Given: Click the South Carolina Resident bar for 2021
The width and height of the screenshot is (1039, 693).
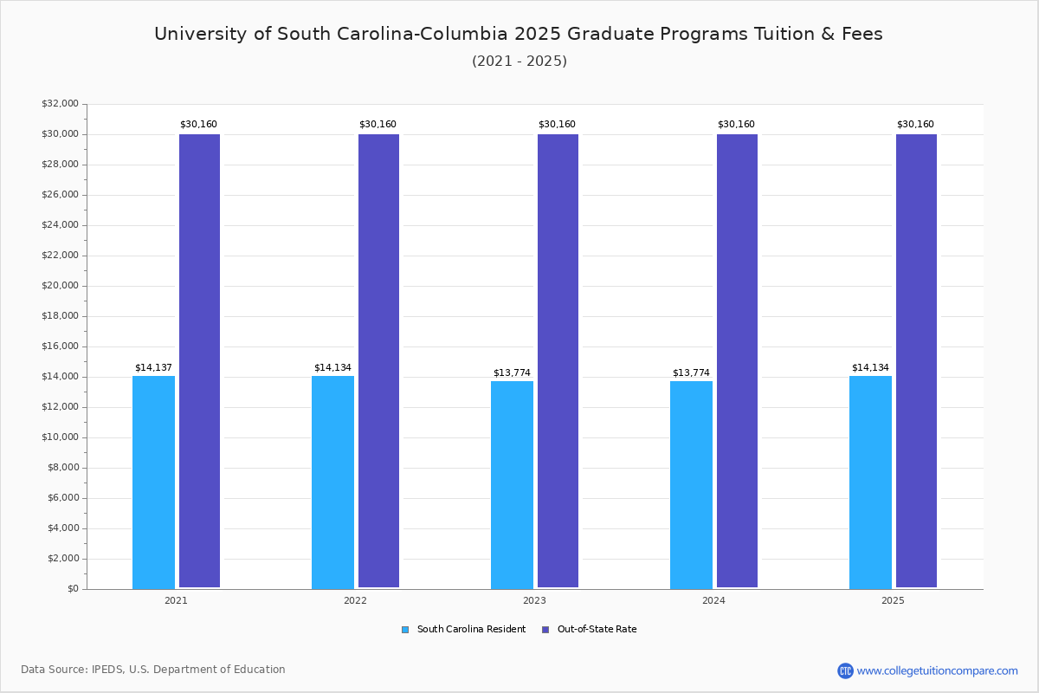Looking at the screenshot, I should coord(153,482).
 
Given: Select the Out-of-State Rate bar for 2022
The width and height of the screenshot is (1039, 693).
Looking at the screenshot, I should coord(378,360).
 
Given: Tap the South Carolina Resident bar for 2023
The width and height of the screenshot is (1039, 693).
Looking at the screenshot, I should coord(512,484).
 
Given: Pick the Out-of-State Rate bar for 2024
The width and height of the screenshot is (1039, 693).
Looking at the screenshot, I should coord(737,360).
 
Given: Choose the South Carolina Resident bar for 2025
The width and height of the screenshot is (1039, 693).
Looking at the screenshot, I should coord(870,482).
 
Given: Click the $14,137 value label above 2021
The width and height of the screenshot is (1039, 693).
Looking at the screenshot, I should coord(153,368).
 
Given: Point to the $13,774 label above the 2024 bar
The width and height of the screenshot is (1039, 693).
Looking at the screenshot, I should coord(691,373).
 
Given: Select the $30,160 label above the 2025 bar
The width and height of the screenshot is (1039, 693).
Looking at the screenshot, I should coord(915,125).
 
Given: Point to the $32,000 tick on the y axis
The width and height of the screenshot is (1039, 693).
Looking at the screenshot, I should coord(60,104).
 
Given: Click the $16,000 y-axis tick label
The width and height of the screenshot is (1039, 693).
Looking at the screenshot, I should coord(60,346).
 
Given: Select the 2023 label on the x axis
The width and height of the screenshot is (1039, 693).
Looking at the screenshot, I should coord(534,600).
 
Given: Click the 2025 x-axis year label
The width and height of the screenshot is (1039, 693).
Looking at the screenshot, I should coord(893,600).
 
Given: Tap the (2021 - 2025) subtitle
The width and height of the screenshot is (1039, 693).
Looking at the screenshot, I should coord(519,62).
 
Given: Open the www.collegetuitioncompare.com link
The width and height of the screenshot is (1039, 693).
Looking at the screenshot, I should coord(937,670).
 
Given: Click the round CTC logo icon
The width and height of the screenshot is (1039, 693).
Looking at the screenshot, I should coord(845,670).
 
